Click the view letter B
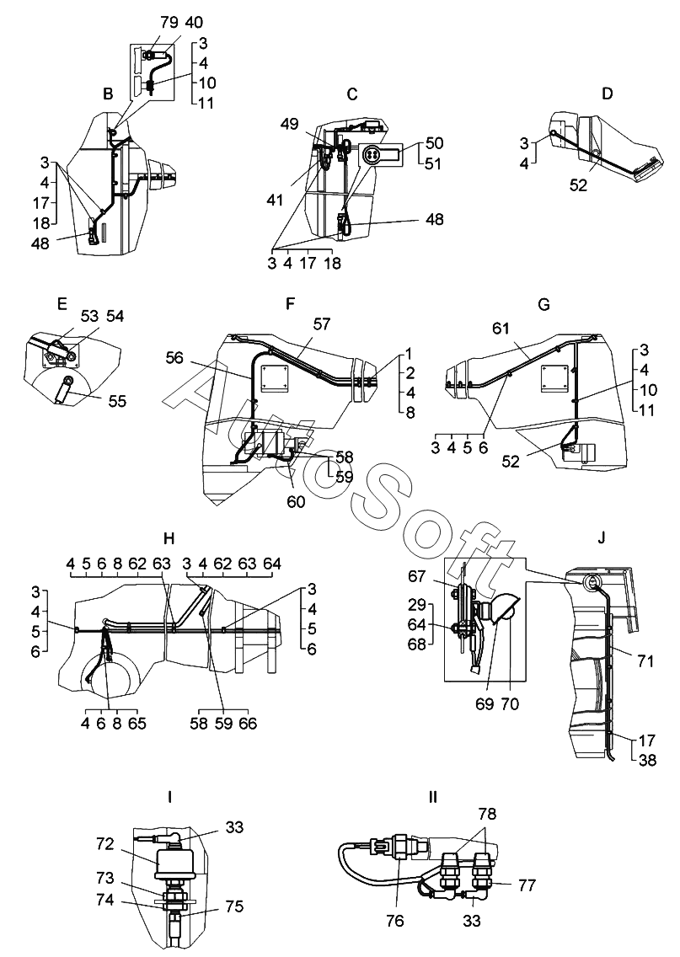(108, 94)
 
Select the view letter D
(607, 94)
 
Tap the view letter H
(169, 538)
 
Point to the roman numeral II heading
(433, 797)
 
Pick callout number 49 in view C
(289, 124)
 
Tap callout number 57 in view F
(321, 323)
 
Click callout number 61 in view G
(501, 329)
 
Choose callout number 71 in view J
(645, 660)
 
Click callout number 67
(416, 575)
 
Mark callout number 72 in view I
(104, 844)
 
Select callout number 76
(395, 920)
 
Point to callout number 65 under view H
(136, 724)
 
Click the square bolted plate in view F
(275, 380)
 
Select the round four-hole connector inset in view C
(371, 155)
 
